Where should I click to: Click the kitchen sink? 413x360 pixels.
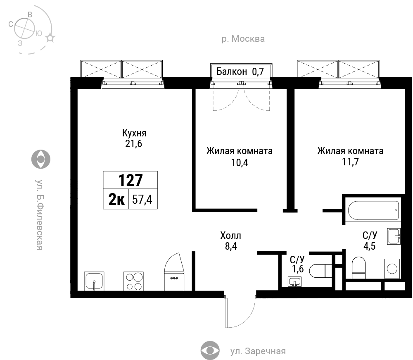94,281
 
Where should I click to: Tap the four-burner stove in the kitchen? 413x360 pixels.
133,281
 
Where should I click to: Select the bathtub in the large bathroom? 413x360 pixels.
373,210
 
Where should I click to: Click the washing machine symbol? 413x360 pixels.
392,269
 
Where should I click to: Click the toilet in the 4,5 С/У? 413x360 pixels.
359,267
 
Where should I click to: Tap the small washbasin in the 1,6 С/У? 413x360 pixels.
294,282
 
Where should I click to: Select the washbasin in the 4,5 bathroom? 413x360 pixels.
394,236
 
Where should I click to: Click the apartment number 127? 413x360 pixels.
131,180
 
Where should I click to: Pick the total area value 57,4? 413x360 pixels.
142,200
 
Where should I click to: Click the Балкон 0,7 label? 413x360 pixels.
240,72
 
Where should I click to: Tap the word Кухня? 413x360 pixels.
134,133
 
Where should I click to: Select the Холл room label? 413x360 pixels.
231,235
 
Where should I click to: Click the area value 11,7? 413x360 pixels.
350,162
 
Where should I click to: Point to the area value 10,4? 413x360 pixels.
240,162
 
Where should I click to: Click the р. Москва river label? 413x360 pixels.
243,39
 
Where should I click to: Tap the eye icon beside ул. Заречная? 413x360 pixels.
210,350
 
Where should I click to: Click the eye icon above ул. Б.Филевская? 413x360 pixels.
41,159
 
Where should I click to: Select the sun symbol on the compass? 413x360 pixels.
50,38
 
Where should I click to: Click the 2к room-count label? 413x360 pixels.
116,200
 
